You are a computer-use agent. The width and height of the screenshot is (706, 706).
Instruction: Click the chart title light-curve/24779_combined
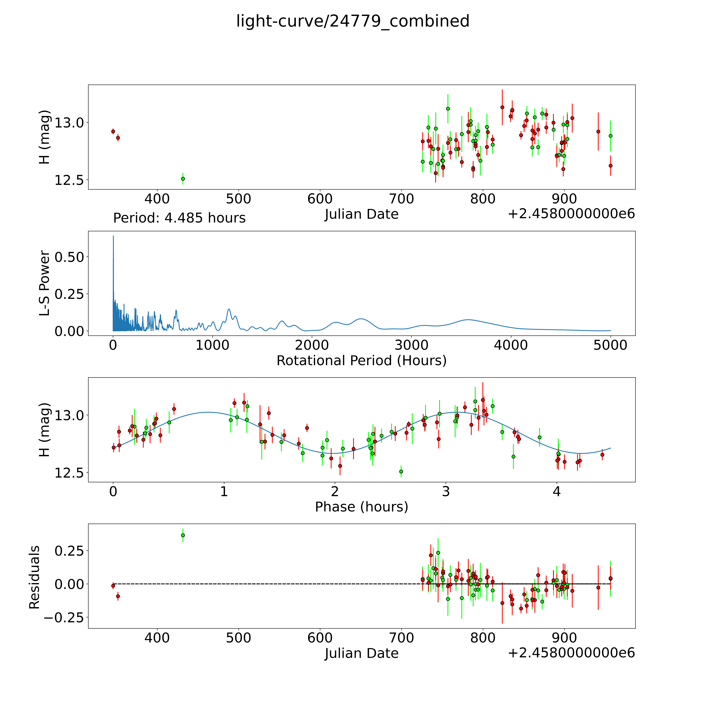click(x=353, y=21)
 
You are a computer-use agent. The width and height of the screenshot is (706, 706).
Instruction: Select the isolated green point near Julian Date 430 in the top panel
click(x=183, y=179)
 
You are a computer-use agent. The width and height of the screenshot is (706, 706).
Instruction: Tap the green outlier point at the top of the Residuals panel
click(x=183, y=535)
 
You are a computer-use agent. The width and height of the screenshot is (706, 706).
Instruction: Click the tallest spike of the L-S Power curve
click(x=113, y=237)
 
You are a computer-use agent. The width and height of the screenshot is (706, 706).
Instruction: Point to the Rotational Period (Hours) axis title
click(x=361, y=361)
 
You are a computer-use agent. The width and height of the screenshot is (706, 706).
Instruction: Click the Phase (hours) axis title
click(x=361, y=507)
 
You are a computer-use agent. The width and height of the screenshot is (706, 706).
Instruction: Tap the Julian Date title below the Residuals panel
click(x=361, y=653)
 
